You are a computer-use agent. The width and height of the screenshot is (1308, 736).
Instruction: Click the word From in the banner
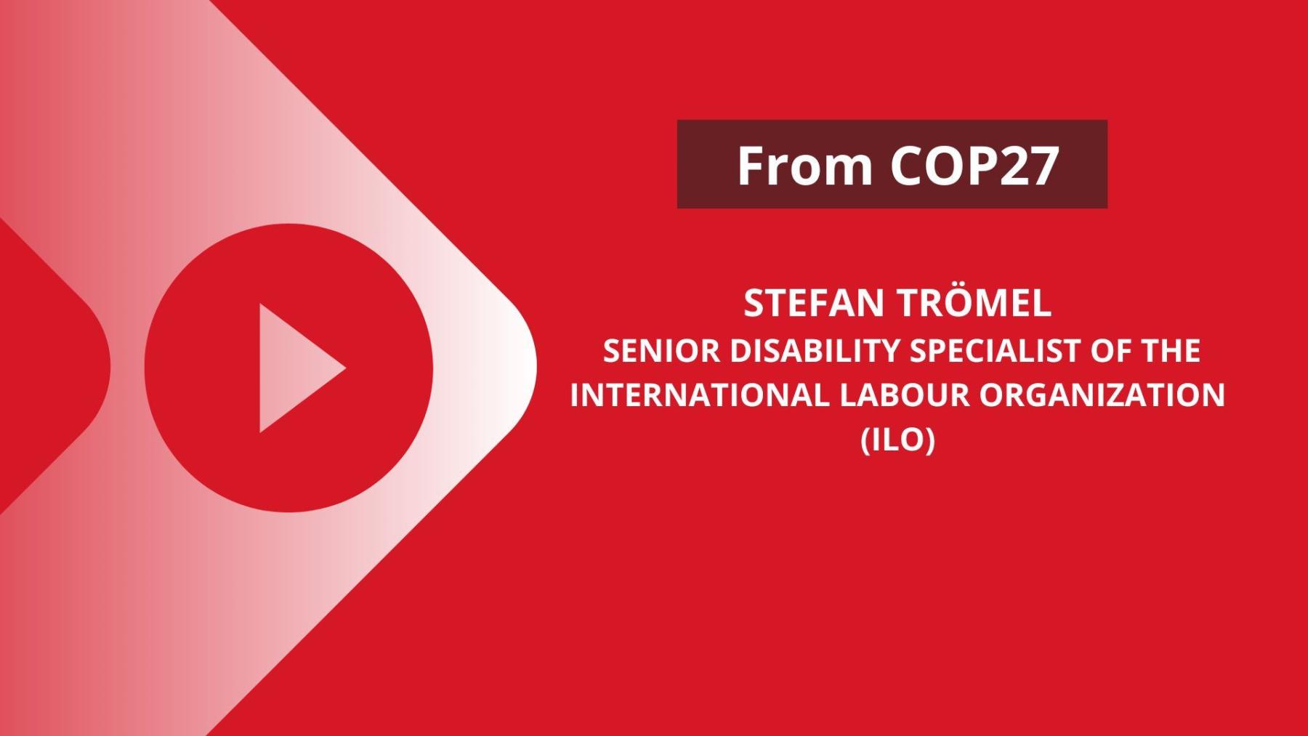tap(804, 166)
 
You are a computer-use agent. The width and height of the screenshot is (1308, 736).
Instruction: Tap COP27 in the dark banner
tap(974, 166)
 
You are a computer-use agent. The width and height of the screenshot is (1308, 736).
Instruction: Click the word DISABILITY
tap(815, 351)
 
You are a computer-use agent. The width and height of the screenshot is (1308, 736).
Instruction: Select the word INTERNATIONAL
tap(699, 395)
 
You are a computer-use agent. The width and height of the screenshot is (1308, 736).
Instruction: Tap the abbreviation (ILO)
tap(897, 440)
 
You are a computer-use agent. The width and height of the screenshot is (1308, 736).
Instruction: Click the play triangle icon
tap(294, 368)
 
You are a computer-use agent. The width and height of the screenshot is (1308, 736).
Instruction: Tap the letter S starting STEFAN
tap(754, 304)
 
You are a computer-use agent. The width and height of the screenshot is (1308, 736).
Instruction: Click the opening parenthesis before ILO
tap(865, 440)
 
